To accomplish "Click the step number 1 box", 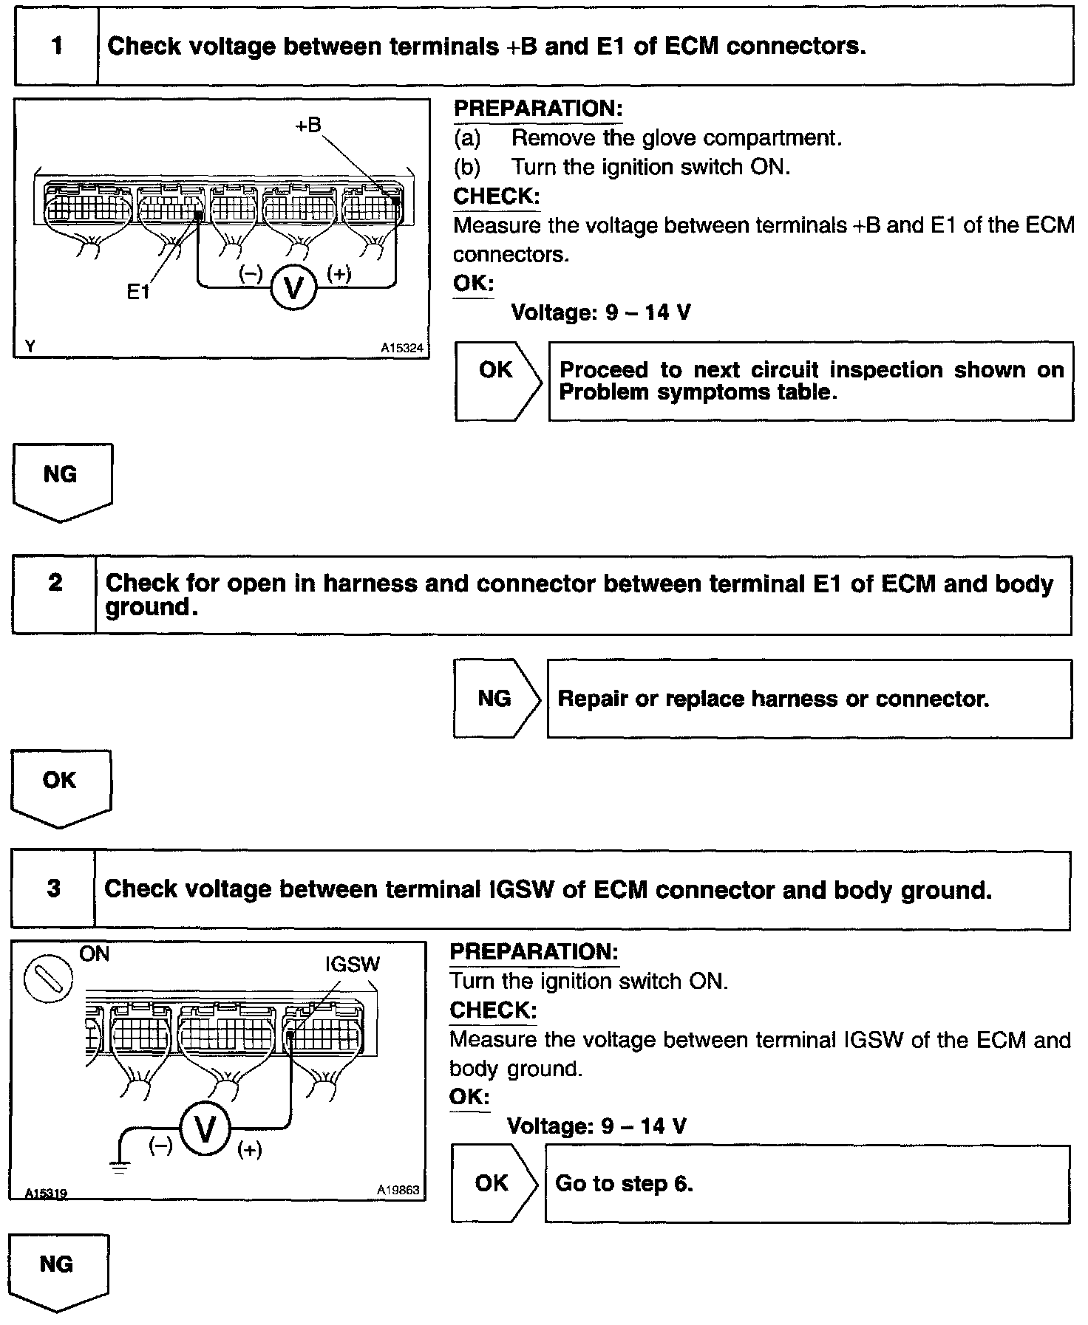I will click(56, 47).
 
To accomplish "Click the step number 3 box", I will click(53, 889).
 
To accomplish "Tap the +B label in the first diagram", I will click(308, 126).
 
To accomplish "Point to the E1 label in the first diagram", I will click(138, 292).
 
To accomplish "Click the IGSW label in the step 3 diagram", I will click(353, 964).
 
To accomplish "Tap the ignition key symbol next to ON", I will click(49, 981).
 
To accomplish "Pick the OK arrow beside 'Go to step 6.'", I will click(494, 1183).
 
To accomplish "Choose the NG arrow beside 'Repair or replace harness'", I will click(496, 698).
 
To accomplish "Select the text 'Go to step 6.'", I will click(624, 1183).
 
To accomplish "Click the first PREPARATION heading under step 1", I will click(537, 109).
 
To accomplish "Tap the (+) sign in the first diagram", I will click(339, 274).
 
